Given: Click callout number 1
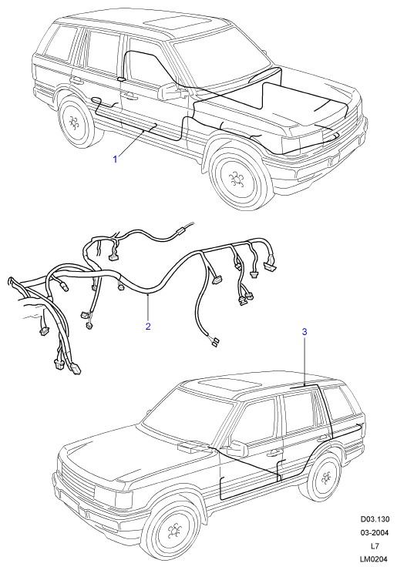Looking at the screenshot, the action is click(116, 159).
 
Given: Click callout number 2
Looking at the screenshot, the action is click(148, 326).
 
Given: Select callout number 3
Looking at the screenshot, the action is click(304, 331).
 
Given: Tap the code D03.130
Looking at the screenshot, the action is click(375, 519).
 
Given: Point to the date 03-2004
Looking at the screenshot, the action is click(375, 532).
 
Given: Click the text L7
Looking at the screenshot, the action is click(375, 546).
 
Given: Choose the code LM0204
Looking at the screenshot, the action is click(375, 559).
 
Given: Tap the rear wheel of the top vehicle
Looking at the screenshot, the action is click(76, 122).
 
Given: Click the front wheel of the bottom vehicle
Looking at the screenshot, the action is click(173, 531).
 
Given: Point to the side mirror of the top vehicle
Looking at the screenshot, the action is click(171, 91).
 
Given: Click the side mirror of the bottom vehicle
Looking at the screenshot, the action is click(238, 448).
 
